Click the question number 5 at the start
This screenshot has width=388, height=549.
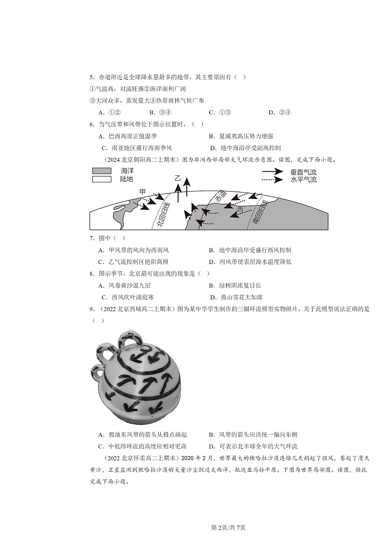click(x=91, y=77)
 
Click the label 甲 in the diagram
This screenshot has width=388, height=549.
click(x=142, y=191)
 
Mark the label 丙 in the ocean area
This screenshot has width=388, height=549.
click(x=239, y=209)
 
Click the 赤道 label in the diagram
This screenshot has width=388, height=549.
click(x=221, y=199)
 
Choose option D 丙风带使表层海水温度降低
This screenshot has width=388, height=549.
click(x=250, y=262)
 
